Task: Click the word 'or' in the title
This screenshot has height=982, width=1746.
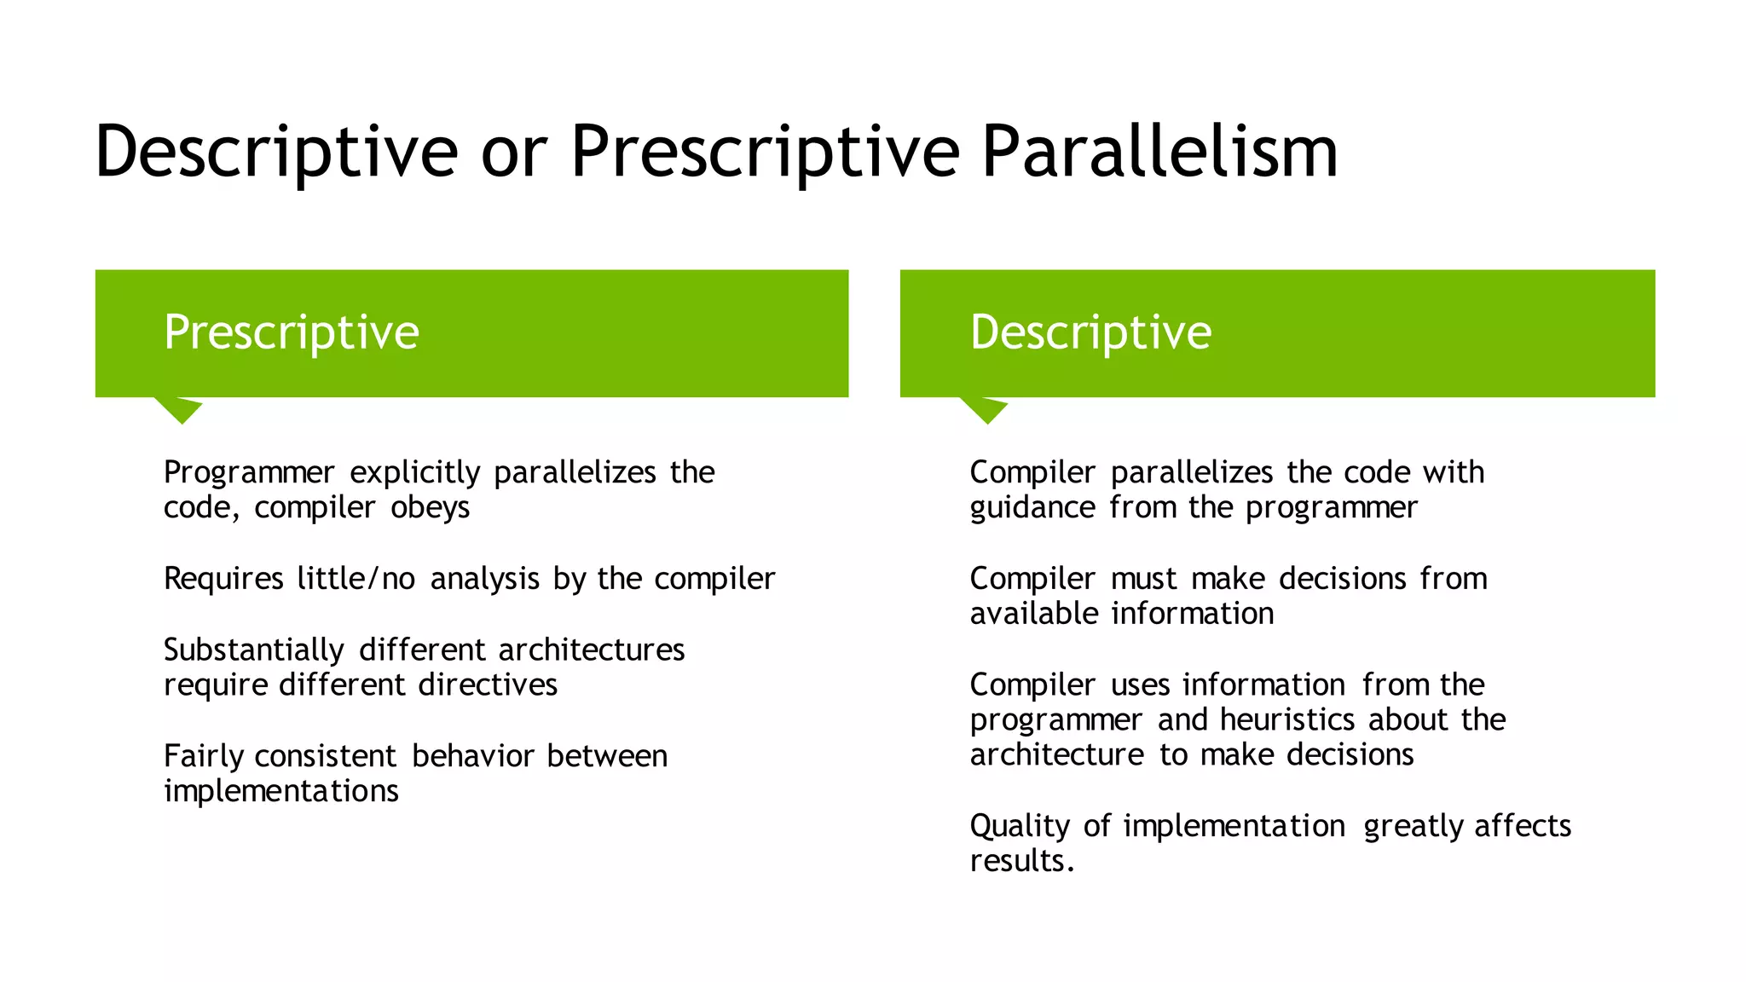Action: point(513,153)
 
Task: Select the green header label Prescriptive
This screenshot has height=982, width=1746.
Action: point(292,332)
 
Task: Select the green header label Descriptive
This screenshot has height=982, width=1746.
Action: point(1090,332)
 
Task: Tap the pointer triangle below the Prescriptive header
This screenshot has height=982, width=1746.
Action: point(179,409)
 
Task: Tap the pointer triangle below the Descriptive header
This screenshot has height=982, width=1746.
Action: point(985,409)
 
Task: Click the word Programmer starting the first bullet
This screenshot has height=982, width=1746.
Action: point(249,473)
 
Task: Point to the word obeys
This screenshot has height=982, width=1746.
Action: point(430,508)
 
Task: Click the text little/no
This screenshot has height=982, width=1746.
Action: point(356,579)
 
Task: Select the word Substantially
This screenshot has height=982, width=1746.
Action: point(253,650)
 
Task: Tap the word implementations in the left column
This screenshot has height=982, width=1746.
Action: point(280,792)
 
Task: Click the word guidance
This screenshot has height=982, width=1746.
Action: point(1032,508)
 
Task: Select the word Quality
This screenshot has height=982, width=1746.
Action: point(1020,827)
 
